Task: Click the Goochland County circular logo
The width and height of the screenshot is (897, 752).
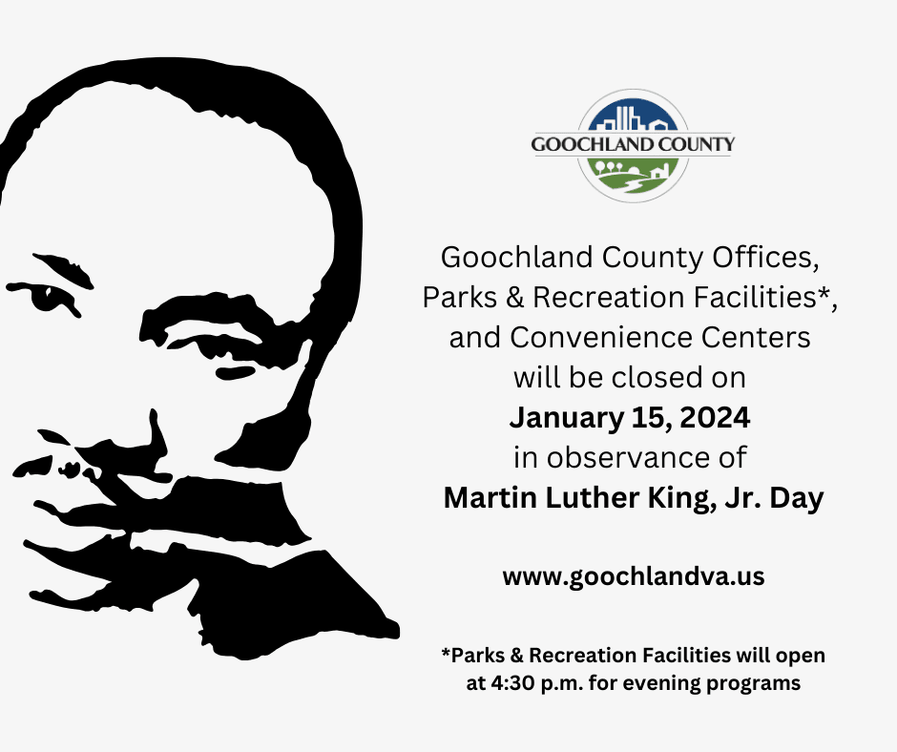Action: pos(633,146)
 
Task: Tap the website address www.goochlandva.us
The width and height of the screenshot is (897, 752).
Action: pos(634,577)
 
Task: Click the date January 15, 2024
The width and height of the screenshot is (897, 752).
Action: pos(630,417)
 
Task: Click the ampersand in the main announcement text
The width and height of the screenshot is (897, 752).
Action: pos(514,298)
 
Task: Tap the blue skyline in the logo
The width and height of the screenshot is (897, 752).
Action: pos(633,117)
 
